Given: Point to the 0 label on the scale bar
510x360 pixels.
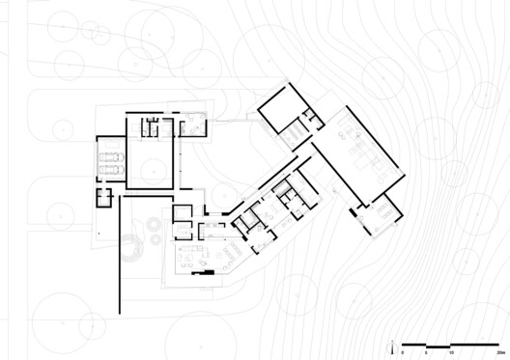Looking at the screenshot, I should [403, 352].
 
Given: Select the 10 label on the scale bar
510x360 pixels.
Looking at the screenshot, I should [451, 352].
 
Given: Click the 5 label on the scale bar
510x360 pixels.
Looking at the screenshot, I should [427, 352].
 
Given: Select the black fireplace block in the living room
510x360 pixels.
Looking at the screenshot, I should [202, 272].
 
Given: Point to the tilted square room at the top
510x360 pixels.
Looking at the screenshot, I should [281, 112].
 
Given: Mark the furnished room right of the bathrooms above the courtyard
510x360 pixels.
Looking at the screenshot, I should [192, 125].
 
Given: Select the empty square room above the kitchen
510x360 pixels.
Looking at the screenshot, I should [184, 214].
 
